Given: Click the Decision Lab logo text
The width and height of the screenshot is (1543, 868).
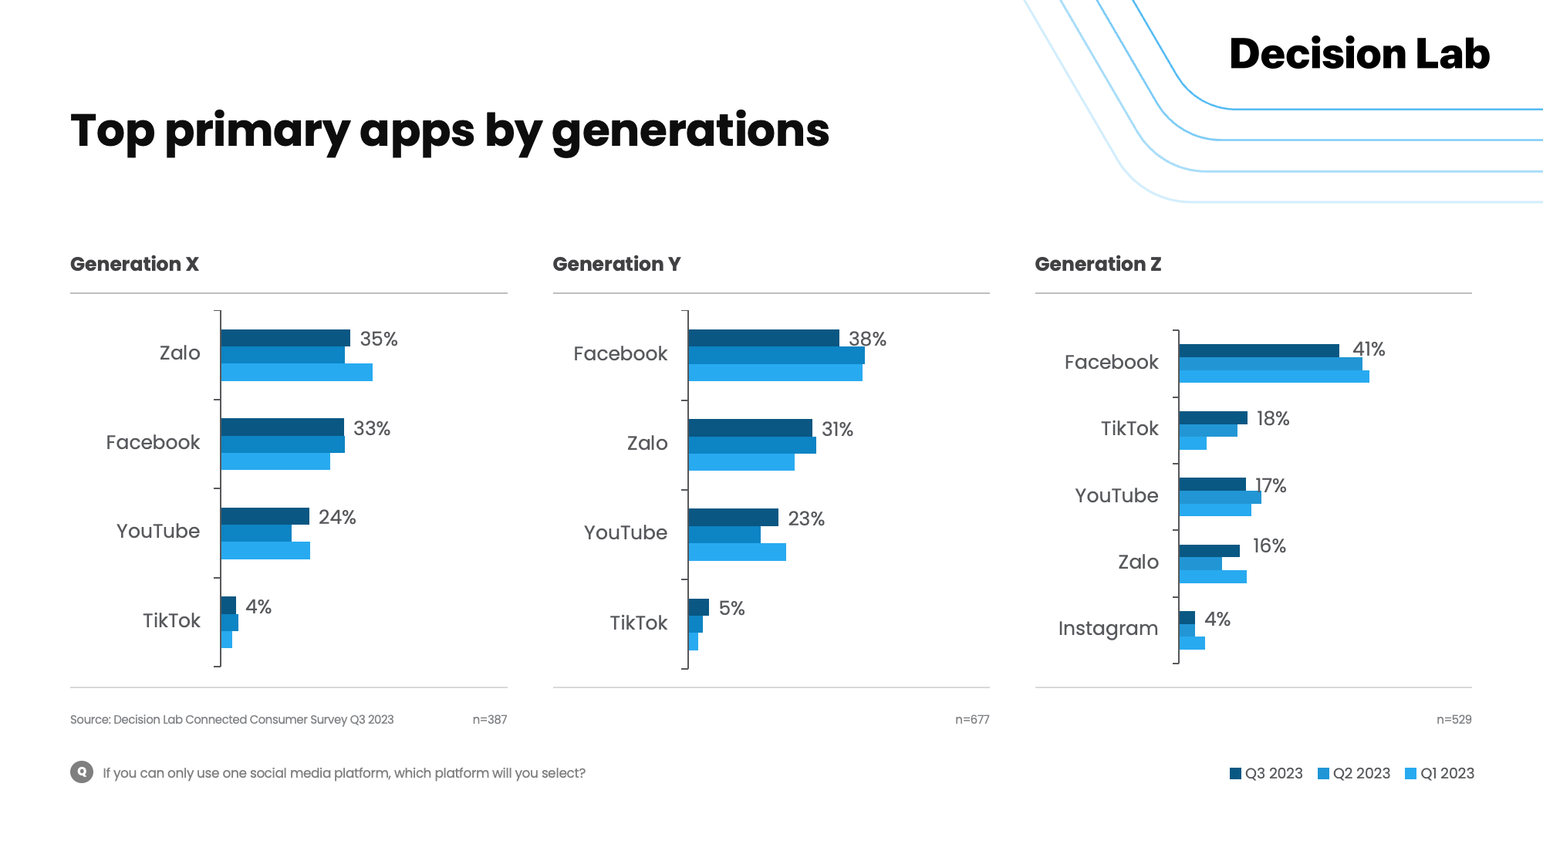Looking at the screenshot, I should tap(1359, 54).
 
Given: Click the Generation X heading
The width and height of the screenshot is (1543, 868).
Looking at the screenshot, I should tap(134, 264).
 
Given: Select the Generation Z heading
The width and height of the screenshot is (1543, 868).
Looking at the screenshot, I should tap(1098, 264).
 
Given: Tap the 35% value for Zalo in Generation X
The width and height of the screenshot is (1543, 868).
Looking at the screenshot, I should tap(378, 339).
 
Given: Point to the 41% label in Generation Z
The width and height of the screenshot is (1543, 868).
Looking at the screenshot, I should tap(1369, 350).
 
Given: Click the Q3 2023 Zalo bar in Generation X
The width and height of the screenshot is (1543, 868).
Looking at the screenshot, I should tap(285, 338).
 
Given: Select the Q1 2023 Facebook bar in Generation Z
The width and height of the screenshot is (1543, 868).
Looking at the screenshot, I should tap(1273, 377).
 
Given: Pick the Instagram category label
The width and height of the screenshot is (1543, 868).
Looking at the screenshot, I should tap(1108, 629).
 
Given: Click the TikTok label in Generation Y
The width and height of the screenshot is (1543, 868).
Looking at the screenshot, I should tap(638, 623).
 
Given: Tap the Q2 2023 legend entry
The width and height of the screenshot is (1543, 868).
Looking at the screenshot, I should tap(1354, 773).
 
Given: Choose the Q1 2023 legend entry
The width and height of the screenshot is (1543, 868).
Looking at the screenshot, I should tap(1440, 773).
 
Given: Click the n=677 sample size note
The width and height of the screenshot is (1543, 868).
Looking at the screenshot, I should tap(972, 719).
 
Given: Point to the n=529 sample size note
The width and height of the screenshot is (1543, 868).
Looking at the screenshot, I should tap(1454, 719).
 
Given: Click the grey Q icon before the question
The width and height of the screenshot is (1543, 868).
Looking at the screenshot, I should tap(82, 772).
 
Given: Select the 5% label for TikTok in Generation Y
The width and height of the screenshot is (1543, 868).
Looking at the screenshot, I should tap(731, 609).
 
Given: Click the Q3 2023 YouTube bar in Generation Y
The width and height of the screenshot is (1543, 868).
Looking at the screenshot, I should tap(733, 517).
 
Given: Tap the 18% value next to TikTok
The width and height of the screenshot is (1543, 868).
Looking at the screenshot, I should tap(1273, 419).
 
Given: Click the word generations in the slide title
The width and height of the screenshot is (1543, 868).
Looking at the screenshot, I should tap(690, 130).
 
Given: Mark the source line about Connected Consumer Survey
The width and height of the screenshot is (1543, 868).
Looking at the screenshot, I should tap(231, 719).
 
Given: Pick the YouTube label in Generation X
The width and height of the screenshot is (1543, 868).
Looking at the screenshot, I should tap(158, 531).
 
